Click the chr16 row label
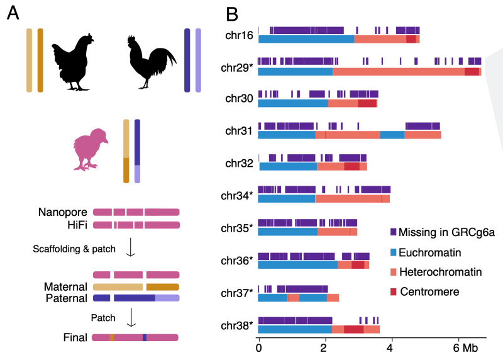point(239,35)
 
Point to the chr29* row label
point(238,67)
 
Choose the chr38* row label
point(238,325)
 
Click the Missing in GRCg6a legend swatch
point(394,232)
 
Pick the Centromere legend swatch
point(394,292)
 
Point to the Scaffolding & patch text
point(74,249)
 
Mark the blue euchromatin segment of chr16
point(306,39)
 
